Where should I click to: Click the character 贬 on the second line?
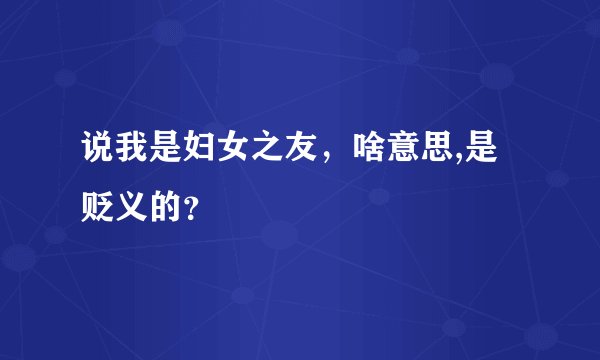(99, 206)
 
